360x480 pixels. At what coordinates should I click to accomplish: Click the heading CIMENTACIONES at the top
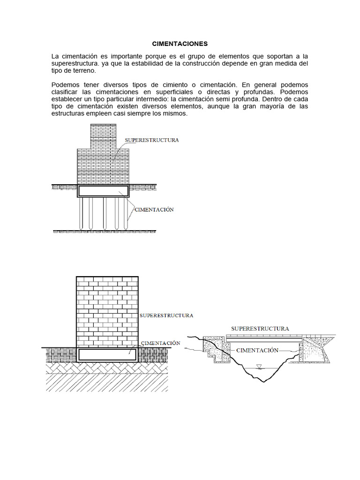pos(180,44)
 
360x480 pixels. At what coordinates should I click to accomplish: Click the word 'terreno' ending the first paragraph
pos(82,70)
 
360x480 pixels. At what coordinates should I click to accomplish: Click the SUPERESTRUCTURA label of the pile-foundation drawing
pos(151,140)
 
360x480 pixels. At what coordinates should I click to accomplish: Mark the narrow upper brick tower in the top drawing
pos(103,135)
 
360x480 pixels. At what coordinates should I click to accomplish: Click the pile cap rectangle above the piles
pos(103,191)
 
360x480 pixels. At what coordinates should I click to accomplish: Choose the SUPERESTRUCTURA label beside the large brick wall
pos(166,315)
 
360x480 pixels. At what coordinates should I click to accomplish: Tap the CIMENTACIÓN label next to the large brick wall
pos(160,343)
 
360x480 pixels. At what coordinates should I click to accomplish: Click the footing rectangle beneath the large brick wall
pos(107,354)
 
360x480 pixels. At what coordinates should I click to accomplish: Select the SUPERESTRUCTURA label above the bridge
pos(260,329)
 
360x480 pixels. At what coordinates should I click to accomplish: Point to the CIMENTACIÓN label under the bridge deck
pos(257,350)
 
